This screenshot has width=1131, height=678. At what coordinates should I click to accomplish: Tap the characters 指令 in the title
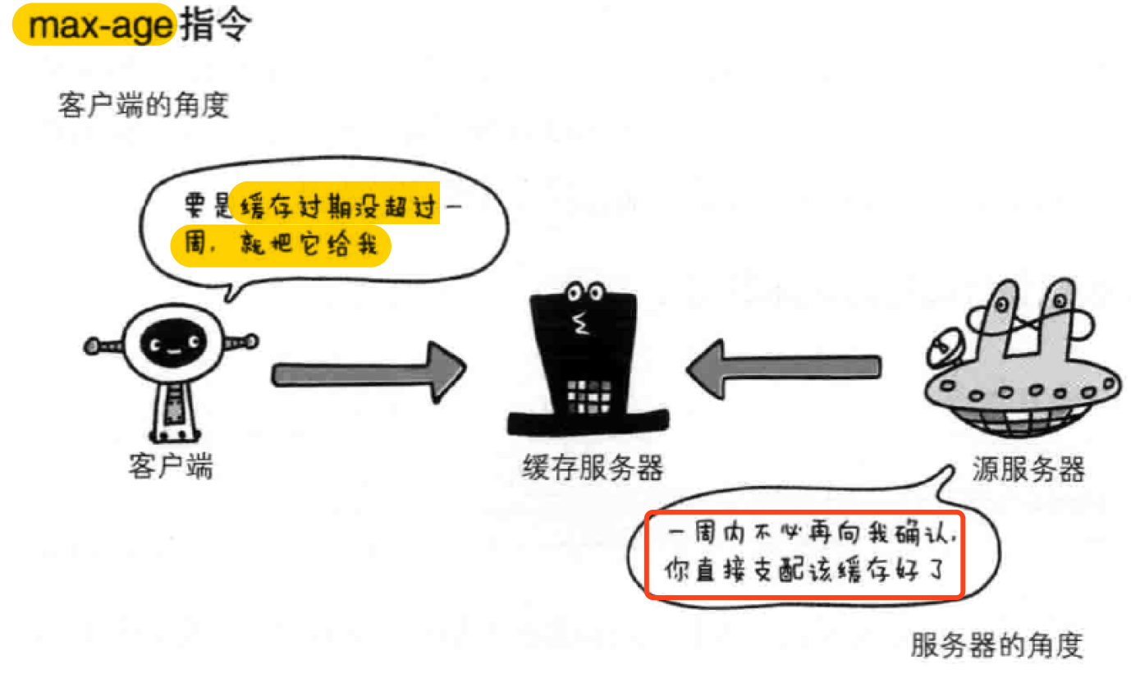[215, 26]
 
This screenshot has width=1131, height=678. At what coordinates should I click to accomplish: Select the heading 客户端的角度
[143, 105]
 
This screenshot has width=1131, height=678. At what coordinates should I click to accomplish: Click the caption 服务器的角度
[997, 645]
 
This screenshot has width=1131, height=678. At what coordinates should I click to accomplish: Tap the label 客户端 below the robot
[171, 465]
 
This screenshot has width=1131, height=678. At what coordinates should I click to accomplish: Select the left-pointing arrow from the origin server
[783, 369]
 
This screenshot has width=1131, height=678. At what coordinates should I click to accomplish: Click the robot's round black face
[171, 346]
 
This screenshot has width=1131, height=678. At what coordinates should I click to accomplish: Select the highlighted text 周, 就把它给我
[279, 245]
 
